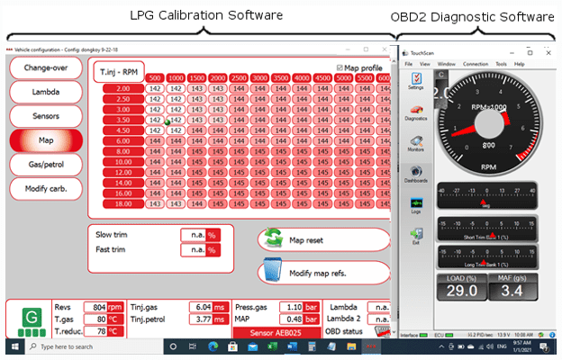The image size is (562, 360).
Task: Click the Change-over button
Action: (x=46, y=67)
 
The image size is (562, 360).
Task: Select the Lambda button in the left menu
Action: (x=46, y=92)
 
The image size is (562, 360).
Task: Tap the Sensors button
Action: (x=46, y=116)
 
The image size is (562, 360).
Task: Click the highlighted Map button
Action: (x=46, y=140)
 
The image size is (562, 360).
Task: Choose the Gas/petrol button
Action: (x=46, y=165)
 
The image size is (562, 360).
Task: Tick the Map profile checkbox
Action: (x=340, y=67)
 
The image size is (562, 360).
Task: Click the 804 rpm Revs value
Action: (x=95, y=307)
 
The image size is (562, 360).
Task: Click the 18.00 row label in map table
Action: (x=122, y=204)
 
